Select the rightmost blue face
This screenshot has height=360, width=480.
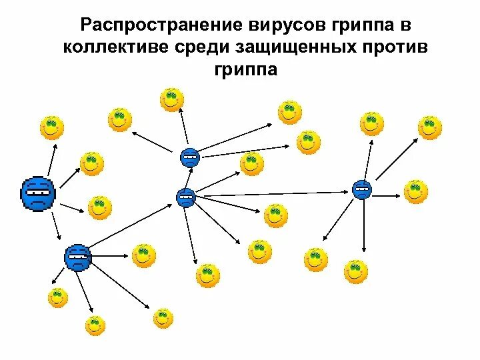pos(362,189)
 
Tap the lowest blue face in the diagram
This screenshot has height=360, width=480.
pos(78,257)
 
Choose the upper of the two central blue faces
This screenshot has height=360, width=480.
pos(190,157)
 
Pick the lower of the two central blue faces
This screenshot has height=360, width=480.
pos(185,197)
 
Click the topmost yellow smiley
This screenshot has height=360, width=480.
pos(172,99)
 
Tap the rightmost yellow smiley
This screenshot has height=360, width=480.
pos(430,127)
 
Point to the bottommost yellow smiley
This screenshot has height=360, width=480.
pos(95,325)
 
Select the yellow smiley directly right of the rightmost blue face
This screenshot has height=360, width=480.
pos(415,191)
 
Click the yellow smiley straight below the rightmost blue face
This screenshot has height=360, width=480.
pos(356,271)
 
